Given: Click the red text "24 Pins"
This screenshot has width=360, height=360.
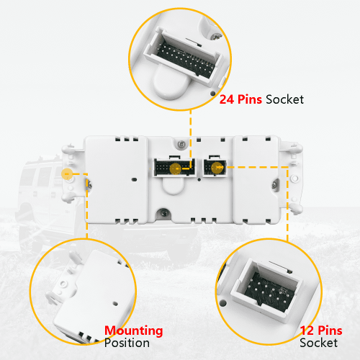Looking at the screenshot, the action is (240, 99).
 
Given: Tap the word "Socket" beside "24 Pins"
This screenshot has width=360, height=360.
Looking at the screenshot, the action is (285, 99).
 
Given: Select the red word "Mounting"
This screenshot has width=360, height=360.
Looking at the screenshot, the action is (134, 331).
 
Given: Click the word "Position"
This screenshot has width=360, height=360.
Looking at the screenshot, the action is (127, 343).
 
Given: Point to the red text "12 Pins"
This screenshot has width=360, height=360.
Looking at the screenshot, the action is (321, 330).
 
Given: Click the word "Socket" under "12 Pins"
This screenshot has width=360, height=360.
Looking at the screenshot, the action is (319, 343).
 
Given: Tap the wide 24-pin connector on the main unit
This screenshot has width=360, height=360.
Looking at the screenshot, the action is (175, 167).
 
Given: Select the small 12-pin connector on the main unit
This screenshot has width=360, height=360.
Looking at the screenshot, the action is (215, 167).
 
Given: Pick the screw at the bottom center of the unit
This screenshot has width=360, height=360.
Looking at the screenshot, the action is (164, 212).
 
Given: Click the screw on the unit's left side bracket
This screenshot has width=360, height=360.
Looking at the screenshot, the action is (89, 184).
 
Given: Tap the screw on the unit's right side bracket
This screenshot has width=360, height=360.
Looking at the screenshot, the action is (274, 184).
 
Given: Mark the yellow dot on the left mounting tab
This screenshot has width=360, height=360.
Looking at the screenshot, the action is (67, 174).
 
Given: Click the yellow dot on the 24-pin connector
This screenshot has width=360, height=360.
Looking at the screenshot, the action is (176, 168).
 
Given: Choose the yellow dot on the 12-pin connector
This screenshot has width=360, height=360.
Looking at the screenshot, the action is (217, 168).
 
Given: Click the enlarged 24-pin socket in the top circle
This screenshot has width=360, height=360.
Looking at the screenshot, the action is (183, 58).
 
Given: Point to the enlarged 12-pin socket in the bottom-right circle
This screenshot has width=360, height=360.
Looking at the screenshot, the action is (266, 290).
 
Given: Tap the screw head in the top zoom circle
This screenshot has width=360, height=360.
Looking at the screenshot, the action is (217, 37).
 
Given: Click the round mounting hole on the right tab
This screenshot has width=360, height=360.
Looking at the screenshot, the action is (294, 179).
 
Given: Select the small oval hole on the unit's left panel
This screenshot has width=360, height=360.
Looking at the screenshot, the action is (135, 179).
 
